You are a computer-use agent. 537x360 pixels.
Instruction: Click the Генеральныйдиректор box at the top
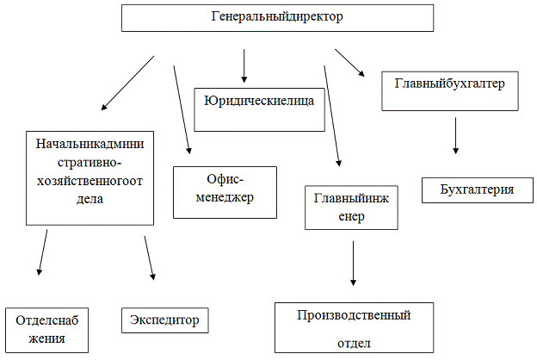pos(276,18)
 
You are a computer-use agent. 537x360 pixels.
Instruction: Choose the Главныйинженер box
pos(351,208)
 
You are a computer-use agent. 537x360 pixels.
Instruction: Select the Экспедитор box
pos(165,320)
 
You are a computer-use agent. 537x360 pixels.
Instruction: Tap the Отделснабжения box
pos(47,330)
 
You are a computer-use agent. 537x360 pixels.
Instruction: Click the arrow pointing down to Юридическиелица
pos(244,65)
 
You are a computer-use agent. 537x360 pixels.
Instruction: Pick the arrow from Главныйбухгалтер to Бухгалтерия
pos(455,135)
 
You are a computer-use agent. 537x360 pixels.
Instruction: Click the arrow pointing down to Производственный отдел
pos(353,264)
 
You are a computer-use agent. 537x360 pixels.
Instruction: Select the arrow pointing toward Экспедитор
pos(150,258)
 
